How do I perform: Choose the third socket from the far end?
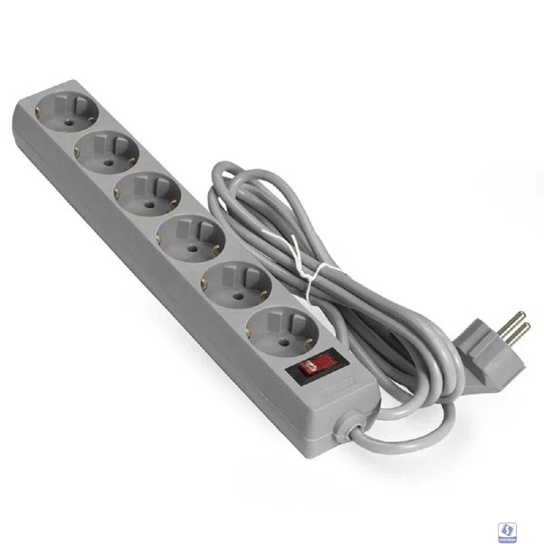[x=147, y=195]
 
